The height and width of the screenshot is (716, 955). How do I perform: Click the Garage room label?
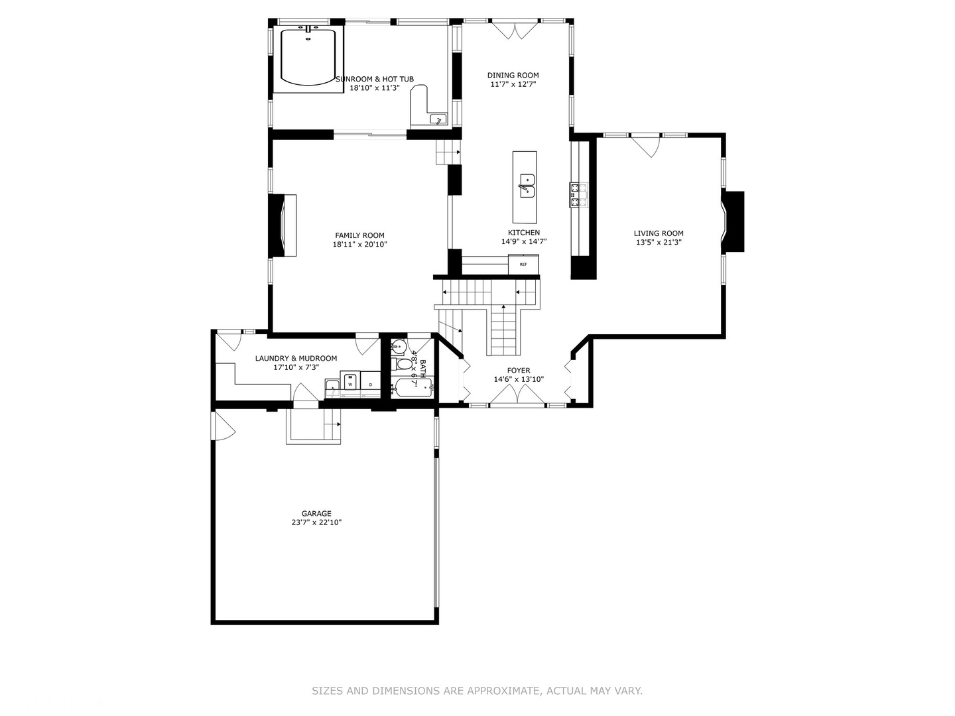point(316,513)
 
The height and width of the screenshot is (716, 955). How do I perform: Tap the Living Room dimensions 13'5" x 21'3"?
point(659,243)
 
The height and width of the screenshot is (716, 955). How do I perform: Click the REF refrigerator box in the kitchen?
point(523,265)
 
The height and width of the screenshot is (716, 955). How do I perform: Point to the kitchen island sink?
point(527,186)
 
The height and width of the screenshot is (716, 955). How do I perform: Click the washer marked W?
point(350,384)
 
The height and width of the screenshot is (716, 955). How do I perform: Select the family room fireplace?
point(283,225)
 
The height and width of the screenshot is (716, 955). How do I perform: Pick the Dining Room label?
point(513,75)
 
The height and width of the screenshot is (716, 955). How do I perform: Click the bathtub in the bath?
point(412,388)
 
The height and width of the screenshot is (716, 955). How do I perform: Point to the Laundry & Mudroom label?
point(296,358)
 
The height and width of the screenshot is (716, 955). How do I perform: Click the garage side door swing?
point(223,426)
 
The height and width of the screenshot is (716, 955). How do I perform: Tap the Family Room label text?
point(359,235)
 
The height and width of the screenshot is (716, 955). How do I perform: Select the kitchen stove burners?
point(578,196)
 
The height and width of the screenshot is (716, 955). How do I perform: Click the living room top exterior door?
point(647,146)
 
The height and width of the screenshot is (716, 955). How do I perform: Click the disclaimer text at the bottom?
point(477,691)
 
